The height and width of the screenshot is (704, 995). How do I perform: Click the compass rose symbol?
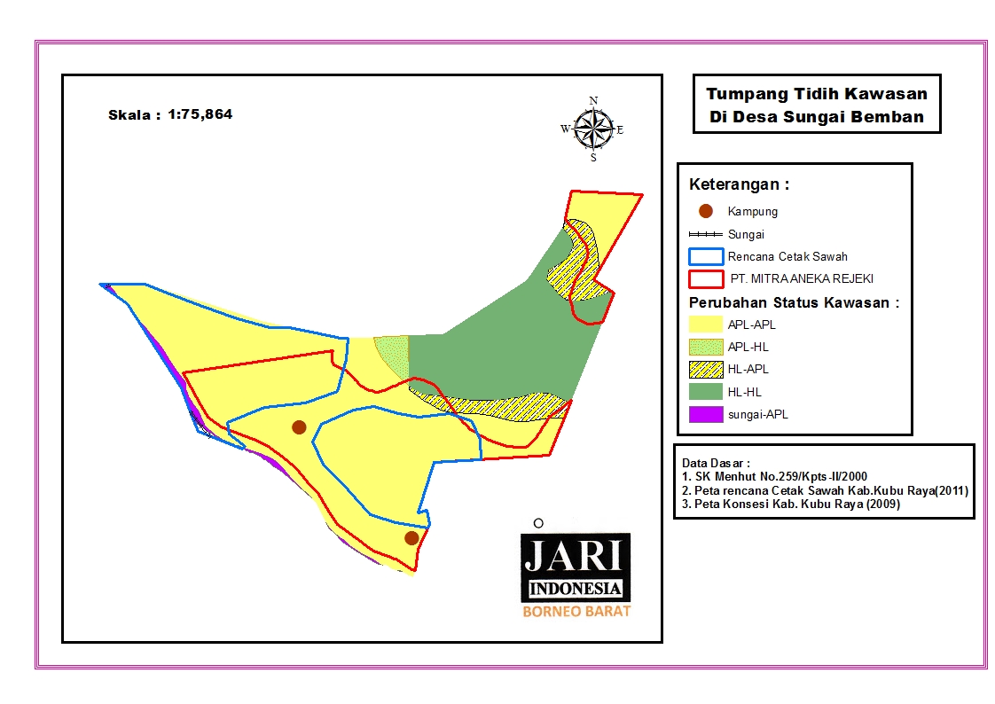pyautogui.click(x=593, y=129)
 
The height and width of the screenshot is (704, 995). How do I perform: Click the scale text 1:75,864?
pyautogui.click(x=200, y=114)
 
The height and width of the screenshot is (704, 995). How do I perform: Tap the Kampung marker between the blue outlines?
pyautogui.click(x=299, y=427)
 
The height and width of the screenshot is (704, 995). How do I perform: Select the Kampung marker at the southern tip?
pyautogui.click(x=411, y=537)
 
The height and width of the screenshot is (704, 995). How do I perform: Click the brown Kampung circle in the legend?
pyautogui.click(x=706, y=211)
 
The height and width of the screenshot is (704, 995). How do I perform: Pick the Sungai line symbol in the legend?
pyautogui.click(x=706, y=235)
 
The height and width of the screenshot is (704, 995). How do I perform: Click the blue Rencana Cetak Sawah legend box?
pyautogui.click(x=706, y=257)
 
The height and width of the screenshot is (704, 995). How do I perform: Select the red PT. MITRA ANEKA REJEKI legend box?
pyautogui.click(x=706, y=279)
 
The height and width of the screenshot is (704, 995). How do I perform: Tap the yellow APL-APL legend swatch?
pyautogui.click(x=706, y=325)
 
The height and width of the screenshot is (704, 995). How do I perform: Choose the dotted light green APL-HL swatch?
pyautogui.click(x=706, y=347)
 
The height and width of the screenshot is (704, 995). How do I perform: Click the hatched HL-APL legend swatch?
pyautogui.click(x=706, y=369)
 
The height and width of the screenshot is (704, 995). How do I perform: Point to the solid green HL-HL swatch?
pyautogui.click(x=706, y=391)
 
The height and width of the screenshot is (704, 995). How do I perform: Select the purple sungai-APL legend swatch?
pyautogui.click(x=706, y=413)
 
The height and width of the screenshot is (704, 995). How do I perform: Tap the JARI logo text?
pyautogui.click(x=575, y=557)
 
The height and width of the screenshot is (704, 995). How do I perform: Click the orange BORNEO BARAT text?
pyautogui.click(x=576, y=611)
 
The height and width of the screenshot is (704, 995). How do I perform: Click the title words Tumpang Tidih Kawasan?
pyautogui.click(x=816, y=94)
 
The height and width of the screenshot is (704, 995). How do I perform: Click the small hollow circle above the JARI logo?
pyautogui.click(x=538, y=523)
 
